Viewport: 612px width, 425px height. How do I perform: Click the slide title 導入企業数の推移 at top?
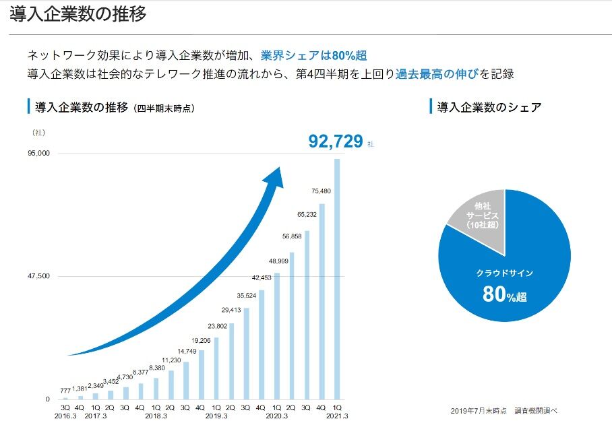[78, 14]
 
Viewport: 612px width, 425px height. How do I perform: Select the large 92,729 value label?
[336, 141]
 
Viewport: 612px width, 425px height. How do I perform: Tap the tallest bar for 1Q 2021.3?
[336, 283]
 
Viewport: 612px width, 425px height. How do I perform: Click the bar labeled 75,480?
[322, 303]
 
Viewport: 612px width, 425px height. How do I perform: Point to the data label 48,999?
[278, 261]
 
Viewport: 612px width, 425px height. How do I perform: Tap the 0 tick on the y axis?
[47, 399]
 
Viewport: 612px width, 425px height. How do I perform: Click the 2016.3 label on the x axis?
[65, 416]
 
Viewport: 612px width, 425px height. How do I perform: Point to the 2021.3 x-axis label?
[336, 416]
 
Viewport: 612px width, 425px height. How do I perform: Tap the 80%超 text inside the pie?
[504, 295]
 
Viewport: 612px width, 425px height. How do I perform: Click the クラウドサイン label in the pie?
[504, 273]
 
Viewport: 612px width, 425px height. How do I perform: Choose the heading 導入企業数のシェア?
[489, 107]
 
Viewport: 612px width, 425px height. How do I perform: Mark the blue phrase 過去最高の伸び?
[437, 74]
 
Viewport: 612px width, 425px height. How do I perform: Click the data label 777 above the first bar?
[65, 391]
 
